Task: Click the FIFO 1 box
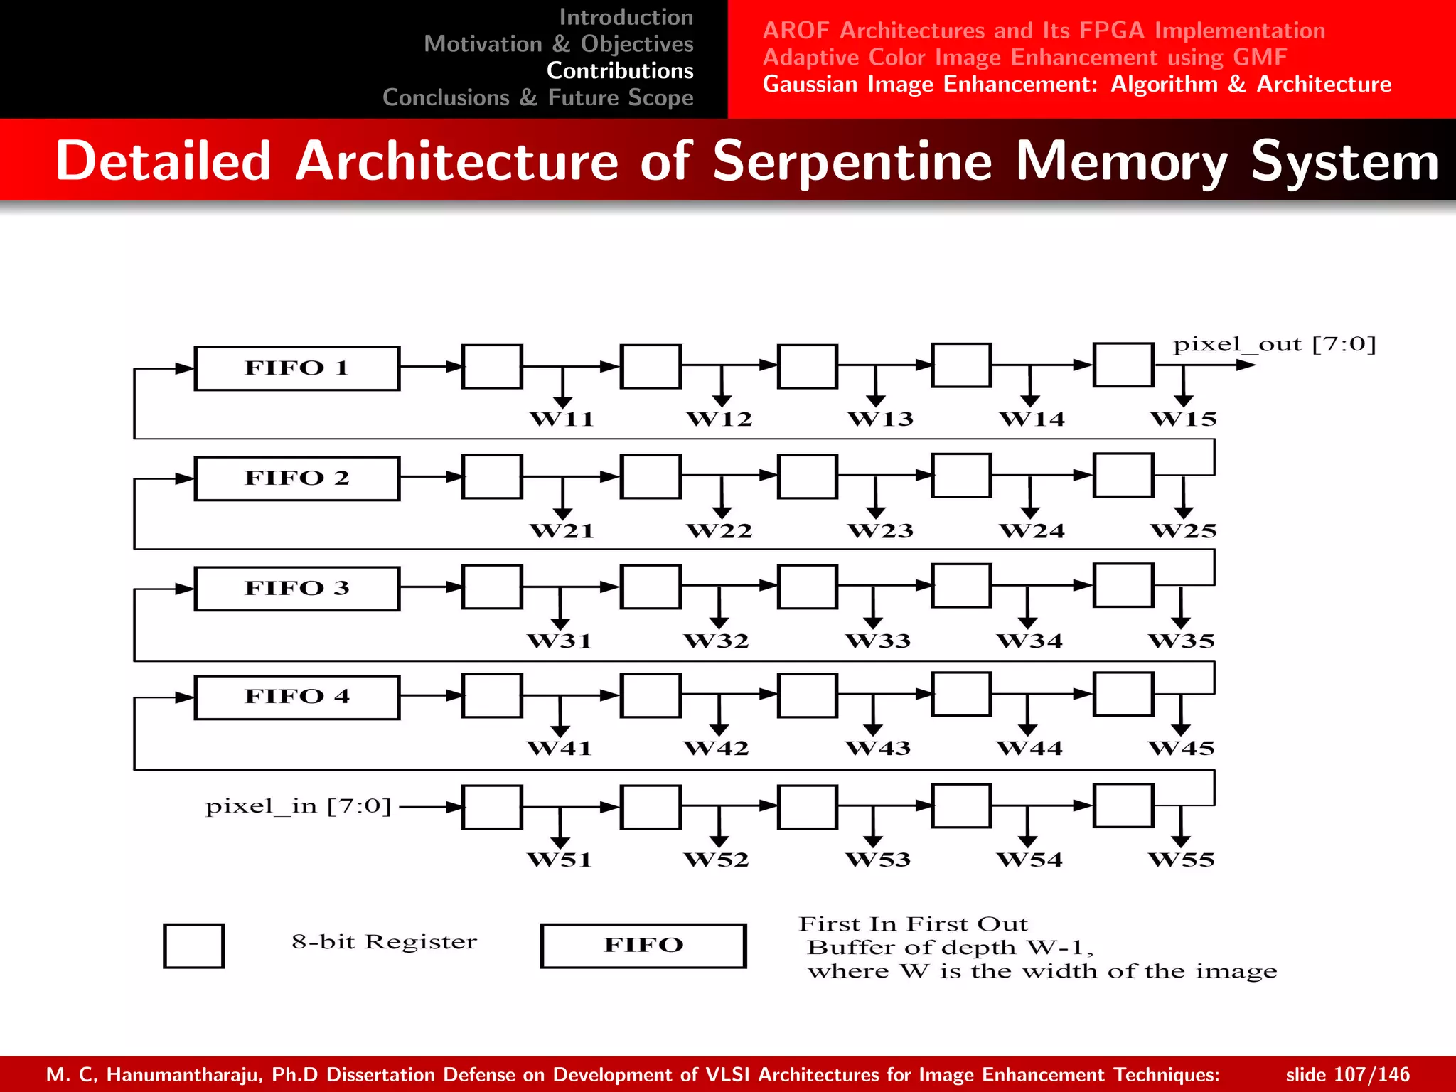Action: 297,368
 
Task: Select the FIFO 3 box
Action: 297,588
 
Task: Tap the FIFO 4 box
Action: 297,697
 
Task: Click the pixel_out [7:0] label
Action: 1274,345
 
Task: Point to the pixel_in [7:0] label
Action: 299,806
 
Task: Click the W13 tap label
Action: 880,419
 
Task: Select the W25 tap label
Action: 1184,530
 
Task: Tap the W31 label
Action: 560,641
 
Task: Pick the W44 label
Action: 1029,748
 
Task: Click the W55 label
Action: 1182,859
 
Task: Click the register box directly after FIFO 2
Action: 492,476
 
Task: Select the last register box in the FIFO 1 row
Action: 1123,365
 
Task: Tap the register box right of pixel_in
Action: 492,807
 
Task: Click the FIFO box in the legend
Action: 643,946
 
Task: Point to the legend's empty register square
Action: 194,946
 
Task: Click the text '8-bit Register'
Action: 384,942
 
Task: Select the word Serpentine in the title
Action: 852,161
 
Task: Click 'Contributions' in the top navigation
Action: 620,70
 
